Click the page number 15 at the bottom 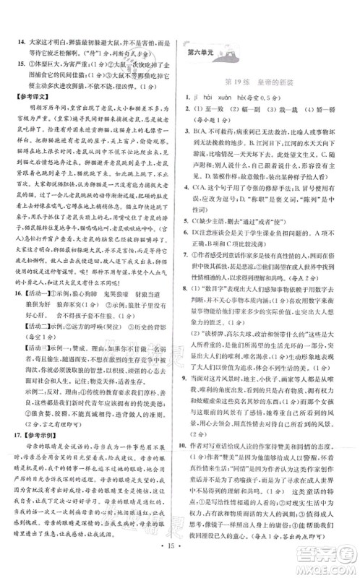pos(180,558)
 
